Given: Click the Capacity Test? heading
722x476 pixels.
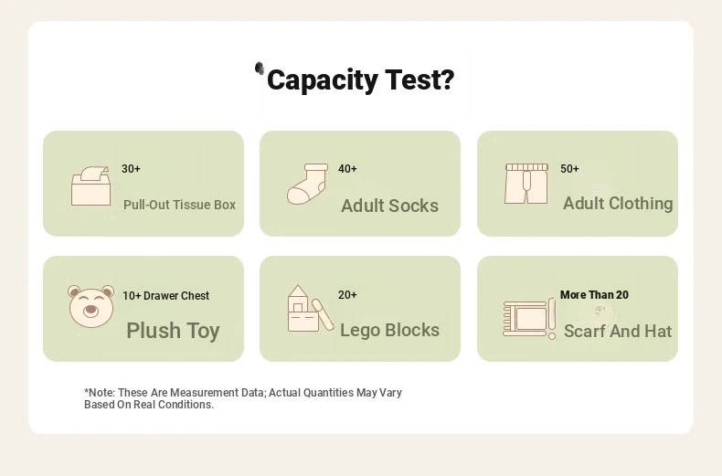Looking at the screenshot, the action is tap(360, 79).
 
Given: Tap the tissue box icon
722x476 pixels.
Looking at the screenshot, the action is tap(90, 186).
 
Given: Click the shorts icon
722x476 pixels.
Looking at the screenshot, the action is tap(526, 184).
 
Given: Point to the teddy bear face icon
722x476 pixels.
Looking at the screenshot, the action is tap(91, 306).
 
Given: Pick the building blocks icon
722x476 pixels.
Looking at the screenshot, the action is tap(311, 309).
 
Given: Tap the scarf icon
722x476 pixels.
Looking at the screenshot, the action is tap(529, 319).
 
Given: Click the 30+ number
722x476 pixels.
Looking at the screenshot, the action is tap(131, 169).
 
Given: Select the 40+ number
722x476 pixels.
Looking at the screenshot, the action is tap(347, 169).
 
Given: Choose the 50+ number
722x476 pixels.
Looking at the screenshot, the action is tap(569, 169).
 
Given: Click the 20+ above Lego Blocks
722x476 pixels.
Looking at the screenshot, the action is tap(347, 295).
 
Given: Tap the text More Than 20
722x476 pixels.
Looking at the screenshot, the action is tap(594, 295).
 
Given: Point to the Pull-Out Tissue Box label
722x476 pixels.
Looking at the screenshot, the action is tap(179, 205).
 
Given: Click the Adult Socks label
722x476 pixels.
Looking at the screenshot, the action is tap(389, 206).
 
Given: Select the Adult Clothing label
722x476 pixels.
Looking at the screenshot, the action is tap(618, 204).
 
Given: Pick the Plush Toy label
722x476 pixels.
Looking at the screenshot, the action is tap(173, 331).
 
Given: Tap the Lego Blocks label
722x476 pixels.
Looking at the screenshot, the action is tap(389, 330).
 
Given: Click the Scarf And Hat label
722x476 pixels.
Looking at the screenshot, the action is tap(618, 331).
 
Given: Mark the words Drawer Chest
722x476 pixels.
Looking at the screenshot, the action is tap(176, 295).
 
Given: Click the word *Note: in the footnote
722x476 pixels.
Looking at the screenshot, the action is tap(100, 393).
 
